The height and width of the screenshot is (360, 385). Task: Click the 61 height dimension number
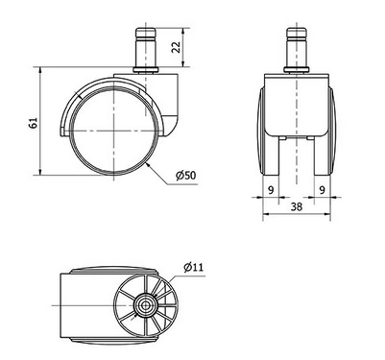[x=32, y=122]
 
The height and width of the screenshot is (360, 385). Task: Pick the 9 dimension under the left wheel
[x=272, y=190]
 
